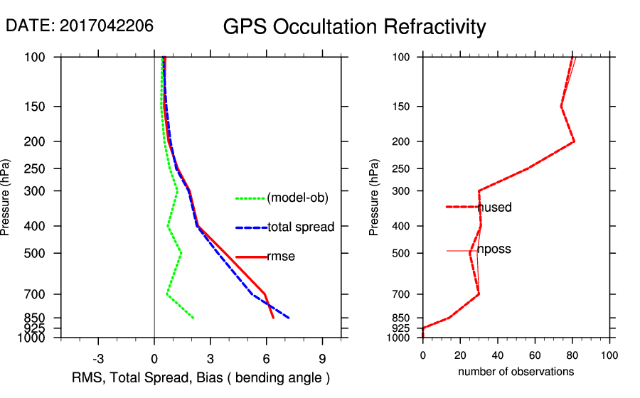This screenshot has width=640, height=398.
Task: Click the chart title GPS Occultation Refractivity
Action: tap(354, 27)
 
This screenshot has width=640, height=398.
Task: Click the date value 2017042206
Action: tap(106, 26)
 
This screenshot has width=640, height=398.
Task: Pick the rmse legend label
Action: tap(281, 257)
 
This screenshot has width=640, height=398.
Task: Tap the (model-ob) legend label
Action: tap(297, 198)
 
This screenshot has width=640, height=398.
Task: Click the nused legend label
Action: tap(495, 208)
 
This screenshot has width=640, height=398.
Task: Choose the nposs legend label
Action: tap(494, 249)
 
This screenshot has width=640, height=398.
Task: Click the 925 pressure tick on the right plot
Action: tap(402, 328)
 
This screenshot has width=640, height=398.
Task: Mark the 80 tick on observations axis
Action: tap(572, 355)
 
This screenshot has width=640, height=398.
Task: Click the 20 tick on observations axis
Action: tap(460, 355)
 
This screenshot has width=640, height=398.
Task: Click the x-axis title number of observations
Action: tap(516, 372)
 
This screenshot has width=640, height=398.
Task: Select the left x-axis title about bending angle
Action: tap(201, 377)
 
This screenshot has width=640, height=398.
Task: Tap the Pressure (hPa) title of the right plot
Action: tap(375, 198)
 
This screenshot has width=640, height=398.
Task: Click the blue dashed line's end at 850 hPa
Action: tap(289, 318)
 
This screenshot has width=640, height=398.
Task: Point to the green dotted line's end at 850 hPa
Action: tap(193, 318)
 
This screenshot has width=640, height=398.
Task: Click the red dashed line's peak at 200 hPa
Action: tap(574, 141)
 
